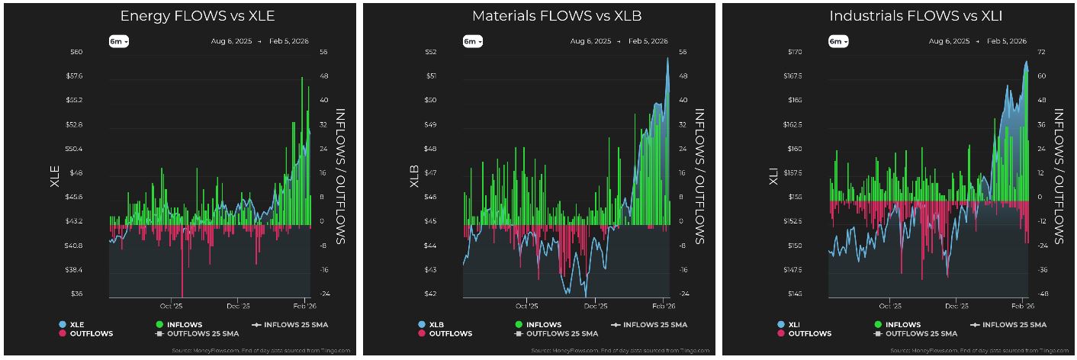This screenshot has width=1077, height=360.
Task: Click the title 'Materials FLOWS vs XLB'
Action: pos(538,16)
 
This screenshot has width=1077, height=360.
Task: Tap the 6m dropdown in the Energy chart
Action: pos(119,41)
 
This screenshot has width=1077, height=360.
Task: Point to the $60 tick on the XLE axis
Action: pos(76,52)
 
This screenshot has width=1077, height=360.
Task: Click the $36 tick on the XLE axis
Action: pos(76,294)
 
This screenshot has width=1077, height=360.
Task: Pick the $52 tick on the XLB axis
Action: pos(431,52)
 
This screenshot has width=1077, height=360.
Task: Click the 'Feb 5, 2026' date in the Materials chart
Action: pos(648,41)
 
